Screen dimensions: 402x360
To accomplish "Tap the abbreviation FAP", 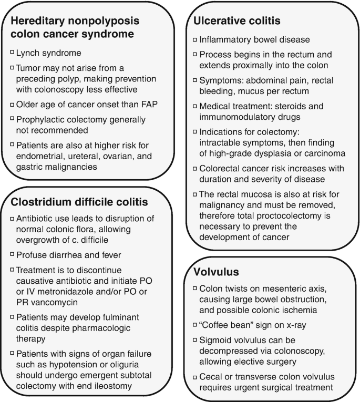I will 150,104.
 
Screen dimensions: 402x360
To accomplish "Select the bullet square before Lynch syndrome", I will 12,53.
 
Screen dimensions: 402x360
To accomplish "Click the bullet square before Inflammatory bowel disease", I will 196,39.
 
